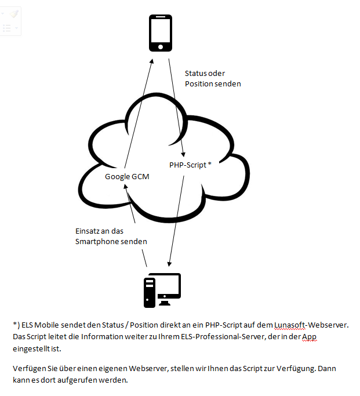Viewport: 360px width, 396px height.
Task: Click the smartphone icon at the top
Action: tap(161, 33)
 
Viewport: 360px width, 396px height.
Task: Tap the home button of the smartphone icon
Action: tap(161, 47)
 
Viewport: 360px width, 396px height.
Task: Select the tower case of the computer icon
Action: tap(150, 293)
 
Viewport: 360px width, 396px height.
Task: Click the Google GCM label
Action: tap(127, 176)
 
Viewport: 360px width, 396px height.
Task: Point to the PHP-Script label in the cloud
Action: tap(188, 165)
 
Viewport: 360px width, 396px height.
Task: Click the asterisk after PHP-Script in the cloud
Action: tap(209, 164)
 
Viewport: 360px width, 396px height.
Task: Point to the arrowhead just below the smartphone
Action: tap(151, 61)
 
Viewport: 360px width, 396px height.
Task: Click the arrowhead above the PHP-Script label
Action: tap(184, 155)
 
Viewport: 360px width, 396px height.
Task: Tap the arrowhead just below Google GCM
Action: tap(125, 186)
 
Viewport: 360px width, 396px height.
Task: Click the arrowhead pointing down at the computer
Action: tap(169, 264)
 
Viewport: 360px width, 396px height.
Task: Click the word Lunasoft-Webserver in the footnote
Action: tap(311, 325)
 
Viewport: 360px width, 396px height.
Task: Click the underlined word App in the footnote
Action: tap(309, 337)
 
